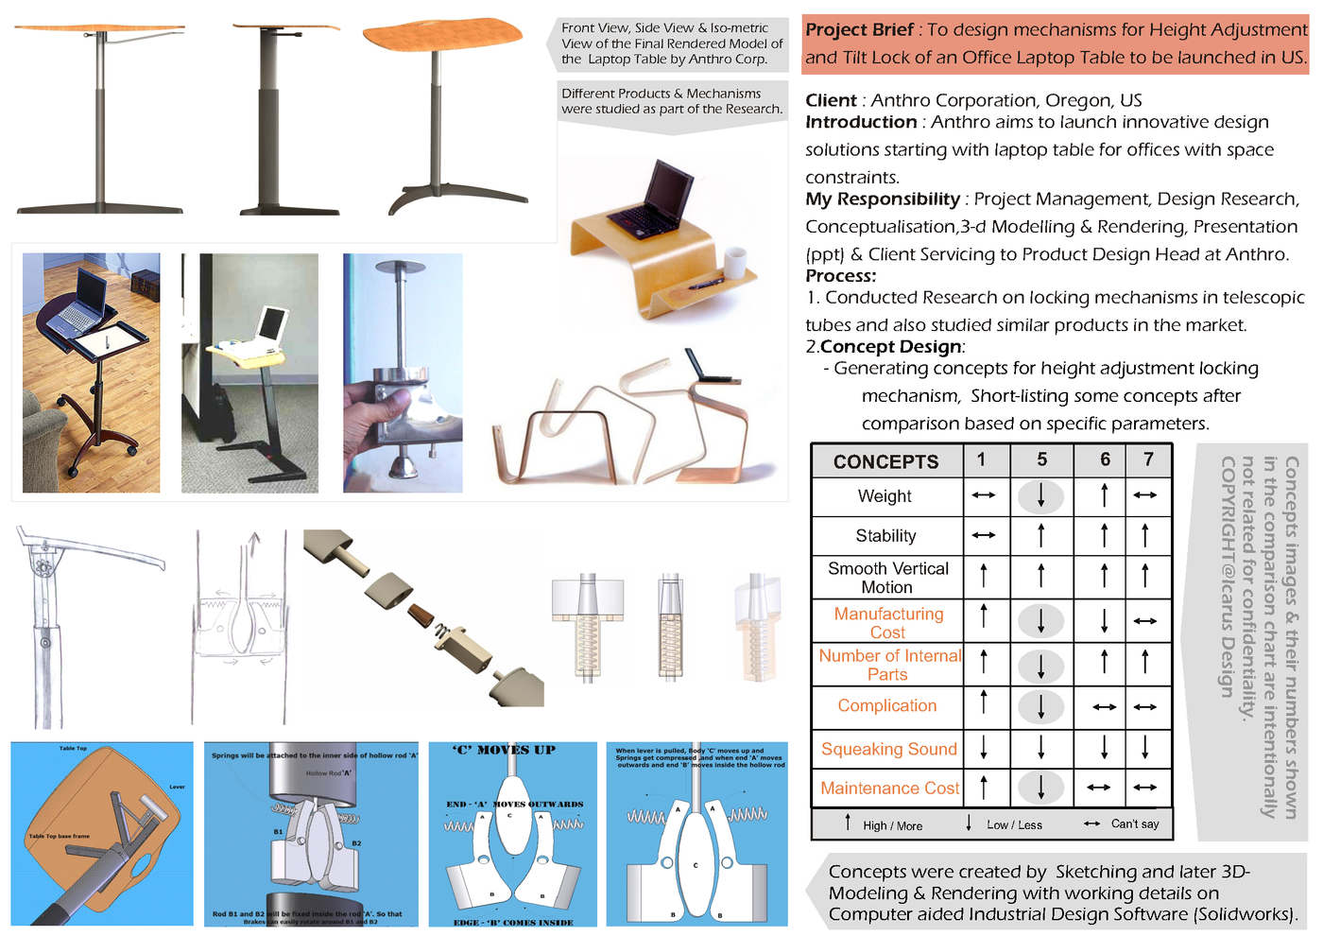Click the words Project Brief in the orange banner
(x=859, y=30)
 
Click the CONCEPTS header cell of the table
(x=885, y=461)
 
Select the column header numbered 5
(x=1041, y=459)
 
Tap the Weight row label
(x=885, y=496)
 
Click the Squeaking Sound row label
(x=888, y=749)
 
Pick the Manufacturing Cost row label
(x=888, y=623)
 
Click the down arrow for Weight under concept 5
(x=1040, y=496)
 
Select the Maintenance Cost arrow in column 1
(x=984, y=787)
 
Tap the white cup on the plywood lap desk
(x=734, y=262)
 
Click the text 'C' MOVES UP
(x=505, y=751)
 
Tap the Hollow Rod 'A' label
(x=328, y=773)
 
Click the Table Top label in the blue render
(x=73, y=749)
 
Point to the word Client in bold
(x=831, y=100)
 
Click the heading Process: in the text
(x=840, y=276)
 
